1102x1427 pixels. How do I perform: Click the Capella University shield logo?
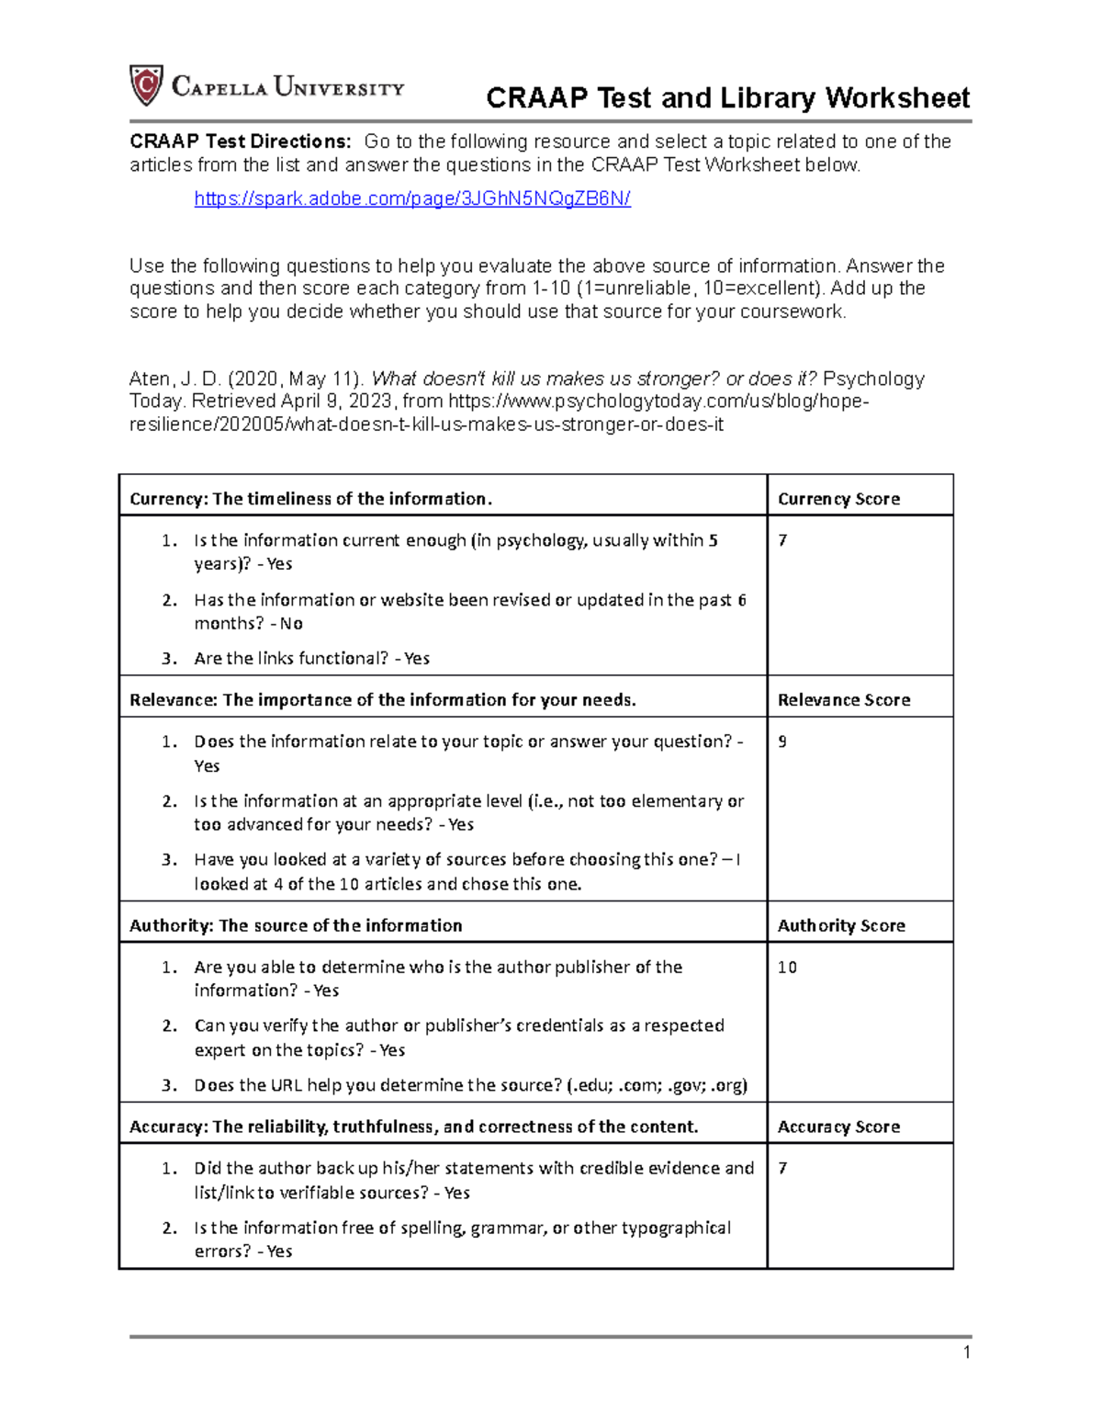146,85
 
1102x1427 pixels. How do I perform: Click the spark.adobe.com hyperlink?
412,198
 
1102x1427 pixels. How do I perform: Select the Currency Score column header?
838,499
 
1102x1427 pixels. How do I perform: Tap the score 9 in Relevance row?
782,742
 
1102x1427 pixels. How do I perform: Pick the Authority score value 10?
787,967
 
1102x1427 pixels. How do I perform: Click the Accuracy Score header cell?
838,1127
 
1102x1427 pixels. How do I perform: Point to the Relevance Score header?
844,700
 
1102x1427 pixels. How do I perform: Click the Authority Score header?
841,925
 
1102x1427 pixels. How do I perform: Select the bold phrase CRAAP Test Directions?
240,142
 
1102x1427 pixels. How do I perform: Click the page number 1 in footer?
966,1352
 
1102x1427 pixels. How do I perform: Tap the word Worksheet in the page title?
897,98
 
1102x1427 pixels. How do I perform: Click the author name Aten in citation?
149,379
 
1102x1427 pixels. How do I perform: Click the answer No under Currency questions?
291,624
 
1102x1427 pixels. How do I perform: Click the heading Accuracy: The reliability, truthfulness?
413,1127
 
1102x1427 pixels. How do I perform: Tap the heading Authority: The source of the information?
296,925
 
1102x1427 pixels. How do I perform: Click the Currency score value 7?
782,540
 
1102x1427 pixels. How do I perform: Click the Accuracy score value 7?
782,1168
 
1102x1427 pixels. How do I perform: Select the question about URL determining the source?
470,1085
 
